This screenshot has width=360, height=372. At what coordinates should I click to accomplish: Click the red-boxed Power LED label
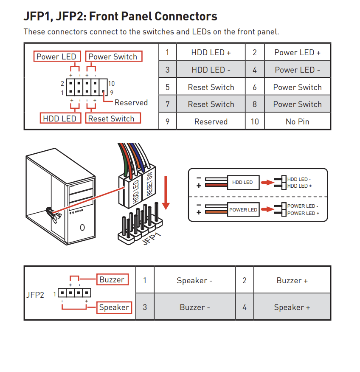57,56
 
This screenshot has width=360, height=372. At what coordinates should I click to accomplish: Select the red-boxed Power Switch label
114,56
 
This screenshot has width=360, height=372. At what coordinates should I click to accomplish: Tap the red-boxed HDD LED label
60,118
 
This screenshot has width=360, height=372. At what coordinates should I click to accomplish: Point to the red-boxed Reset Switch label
113,118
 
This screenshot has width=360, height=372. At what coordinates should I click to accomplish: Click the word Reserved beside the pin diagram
131,103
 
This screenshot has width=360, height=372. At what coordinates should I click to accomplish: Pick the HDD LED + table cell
211,52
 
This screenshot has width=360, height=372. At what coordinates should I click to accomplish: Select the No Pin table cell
298,121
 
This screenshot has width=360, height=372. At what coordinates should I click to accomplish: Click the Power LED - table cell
298,70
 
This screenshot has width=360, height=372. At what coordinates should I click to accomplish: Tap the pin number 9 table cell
167,121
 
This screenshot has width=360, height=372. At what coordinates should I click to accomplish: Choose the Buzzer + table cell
292,280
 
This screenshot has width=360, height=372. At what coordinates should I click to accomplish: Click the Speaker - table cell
194,280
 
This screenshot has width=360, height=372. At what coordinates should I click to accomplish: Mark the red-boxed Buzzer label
112,279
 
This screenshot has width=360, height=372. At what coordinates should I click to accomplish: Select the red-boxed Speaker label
114,307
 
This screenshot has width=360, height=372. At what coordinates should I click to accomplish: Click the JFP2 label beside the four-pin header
35,295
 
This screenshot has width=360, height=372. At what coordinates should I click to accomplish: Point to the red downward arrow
166,192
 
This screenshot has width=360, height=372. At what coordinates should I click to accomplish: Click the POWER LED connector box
243,209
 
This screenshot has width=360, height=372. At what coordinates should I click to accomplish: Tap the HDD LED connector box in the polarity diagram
243,183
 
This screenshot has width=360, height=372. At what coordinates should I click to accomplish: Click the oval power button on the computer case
82,227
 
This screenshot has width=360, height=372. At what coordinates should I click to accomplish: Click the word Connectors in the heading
186,17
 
